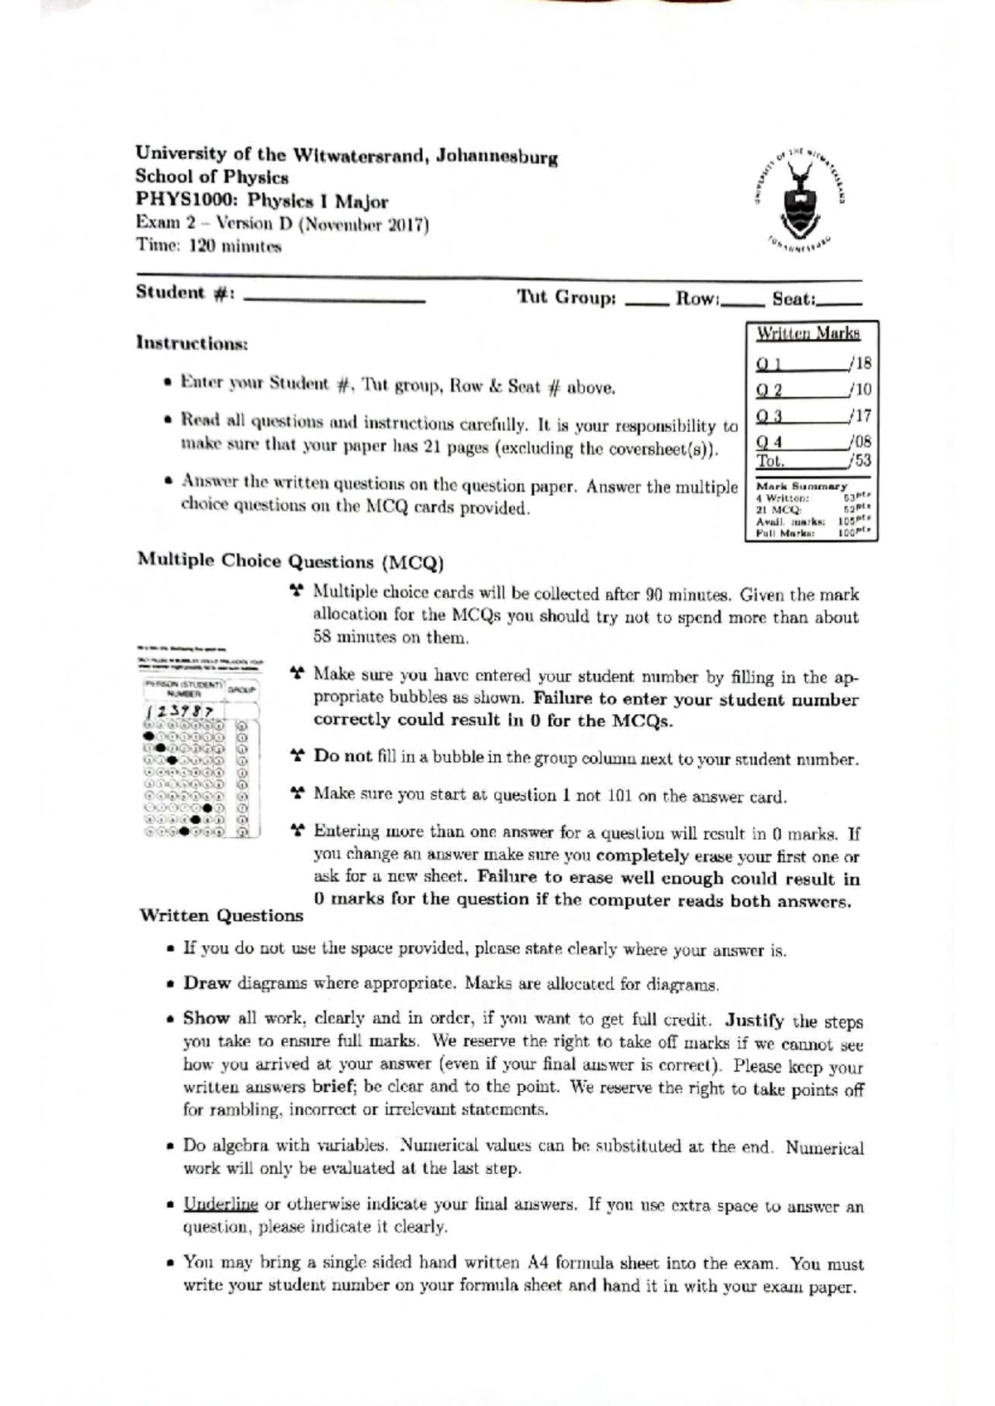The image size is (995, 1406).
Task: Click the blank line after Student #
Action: coord(335,299)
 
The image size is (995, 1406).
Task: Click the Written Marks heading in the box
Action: coord(808,333)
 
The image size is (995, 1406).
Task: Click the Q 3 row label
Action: coord(769,416)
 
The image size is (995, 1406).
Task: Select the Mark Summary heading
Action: coord(801,486)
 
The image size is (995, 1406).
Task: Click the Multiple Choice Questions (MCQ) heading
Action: coord(290,561)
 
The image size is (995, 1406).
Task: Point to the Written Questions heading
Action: coord(221,916)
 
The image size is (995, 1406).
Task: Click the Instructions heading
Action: coord(192,342)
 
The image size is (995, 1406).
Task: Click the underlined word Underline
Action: coord(221,1204)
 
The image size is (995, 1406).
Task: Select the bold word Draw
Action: coord(206,983)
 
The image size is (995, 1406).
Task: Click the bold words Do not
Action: coord(342,756)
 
